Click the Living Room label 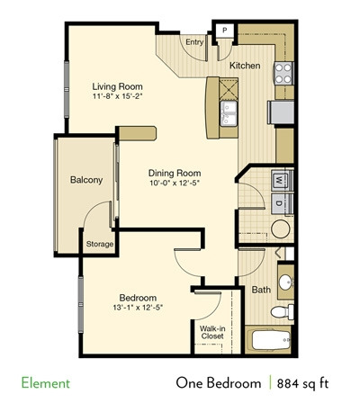117,86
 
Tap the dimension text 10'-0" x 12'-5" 175,183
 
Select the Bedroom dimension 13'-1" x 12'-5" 138,308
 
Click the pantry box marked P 225,31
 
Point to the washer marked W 279,181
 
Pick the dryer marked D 279,203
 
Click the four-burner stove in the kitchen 283,73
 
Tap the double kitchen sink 229,113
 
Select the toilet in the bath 283,311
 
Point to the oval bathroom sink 285,282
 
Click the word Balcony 86,180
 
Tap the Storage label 100,244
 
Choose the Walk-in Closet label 212,332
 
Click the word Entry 194,42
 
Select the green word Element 46,383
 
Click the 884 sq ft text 302,383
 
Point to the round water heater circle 281,229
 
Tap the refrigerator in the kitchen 281,112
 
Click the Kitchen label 245,66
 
